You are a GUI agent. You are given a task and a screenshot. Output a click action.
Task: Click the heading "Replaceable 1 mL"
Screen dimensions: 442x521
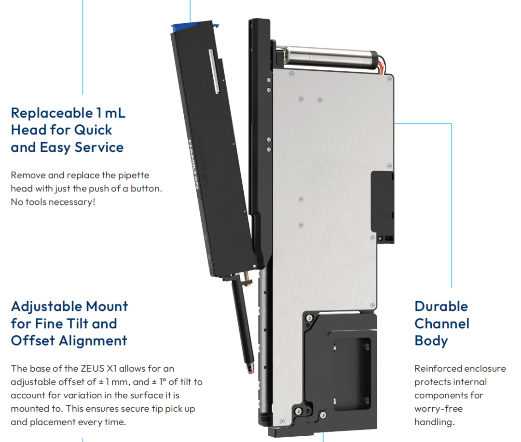pos(68,113)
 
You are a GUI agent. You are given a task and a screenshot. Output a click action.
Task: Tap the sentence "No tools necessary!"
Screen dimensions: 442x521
pos(53,201)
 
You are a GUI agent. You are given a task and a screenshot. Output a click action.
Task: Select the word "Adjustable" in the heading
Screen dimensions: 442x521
pos(46,307)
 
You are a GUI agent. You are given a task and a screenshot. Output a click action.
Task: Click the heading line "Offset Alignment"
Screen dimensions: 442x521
pos(69,341)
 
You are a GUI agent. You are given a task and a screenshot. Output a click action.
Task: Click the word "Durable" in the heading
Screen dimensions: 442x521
pos(441,307)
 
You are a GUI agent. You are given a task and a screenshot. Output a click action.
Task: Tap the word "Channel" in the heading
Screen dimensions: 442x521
pos(442,323)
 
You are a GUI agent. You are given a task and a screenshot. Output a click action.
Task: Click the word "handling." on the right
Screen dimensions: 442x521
pos(434,422)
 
